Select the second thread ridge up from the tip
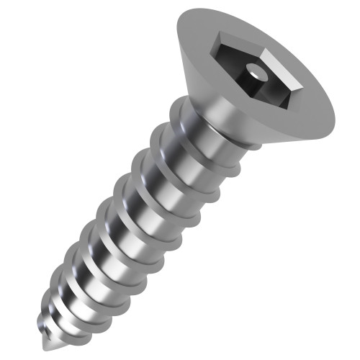click(x=61, y=292)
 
